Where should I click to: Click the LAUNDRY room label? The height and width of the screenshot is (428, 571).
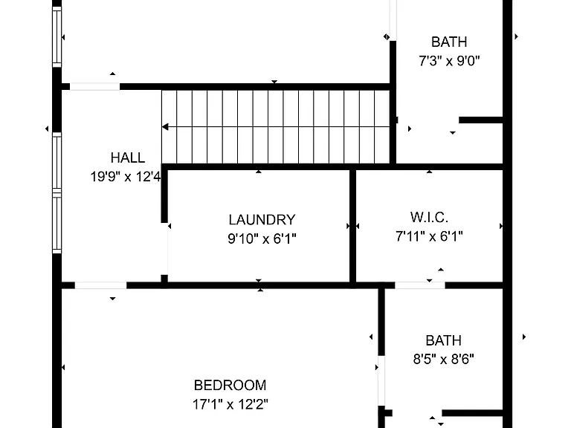[x=262, y=220]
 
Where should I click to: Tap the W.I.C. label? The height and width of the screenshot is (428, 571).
[x=429, y=217]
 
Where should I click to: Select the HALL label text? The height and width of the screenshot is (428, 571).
[x=128, y=158]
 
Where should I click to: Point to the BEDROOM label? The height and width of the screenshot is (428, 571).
[x=230, y=385]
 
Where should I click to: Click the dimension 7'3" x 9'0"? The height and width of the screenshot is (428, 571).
[x=449, y=61]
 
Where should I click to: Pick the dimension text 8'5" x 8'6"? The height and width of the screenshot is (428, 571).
[x=444, y=360]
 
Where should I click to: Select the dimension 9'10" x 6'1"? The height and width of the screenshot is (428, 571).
[x=262, y=239]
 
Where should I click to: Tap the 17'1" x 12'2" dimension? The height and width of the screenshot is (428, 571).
[x=230, y=404]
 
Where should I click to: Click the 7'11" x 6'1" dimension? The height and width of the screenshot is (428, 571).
[x=429, y=236]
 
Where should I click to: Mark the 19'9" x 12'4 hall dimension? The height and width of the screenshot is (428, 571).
[x=126, y=177]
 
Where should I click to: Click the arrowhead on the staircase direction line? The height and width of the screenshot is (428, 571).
[x=165, y=127]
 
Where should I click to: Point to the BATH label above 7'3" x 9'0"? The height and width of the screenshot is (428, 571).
[x=449, y=42]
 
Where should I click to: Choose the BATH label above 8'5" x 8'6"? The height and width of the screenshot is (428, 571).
[x=444, y=340]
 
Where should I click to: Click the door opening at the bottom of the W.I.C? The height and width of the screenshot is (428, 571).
[x=420, y=285]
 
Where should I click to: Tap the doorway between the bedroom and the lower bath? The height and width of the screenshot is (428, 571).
[x=381, y=380]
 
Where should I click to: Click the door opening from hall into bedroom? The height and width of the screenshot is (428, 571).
[x=100, y=285]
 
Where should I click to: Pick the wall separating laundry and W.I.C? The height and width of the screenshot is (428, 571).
[x=352, y=226]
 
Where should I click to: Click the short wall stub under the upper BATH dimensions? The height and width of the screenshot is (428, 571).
[x=481, y=120]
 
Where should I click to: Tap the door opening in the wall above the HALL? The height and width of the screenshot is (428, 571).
[x=94, y=87]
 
